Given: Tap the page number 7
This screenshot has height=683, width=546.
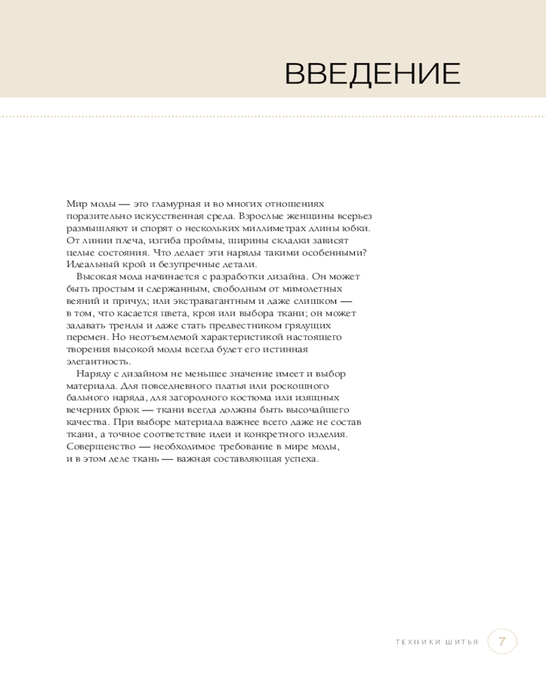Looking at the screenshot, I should (502, 642).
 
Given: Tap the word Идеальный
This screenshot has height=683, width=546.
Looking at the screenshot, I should (89, 264).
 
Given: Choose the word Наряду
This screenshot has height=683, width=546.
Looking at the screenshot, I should (94, 374).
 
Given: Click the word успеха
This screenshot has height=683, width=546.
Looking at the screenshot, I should (304, 458).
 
